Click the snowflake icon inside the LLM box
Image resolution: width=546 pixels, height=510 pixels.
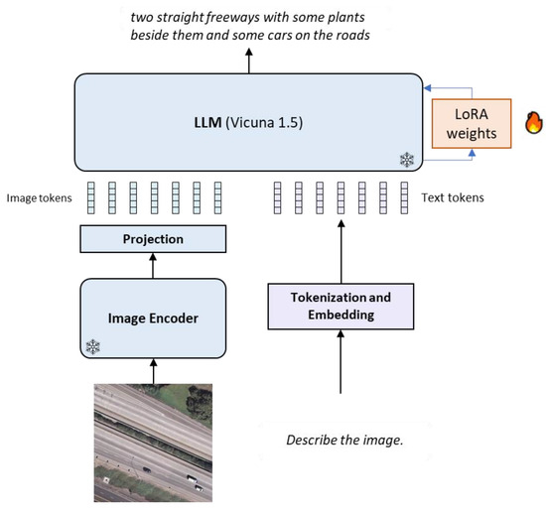coord(405,159)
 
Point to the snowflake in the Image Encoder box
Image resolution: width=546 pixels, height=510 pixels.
coord(93,346)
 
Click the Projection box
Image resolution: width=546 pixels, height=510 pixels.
coord(153,239)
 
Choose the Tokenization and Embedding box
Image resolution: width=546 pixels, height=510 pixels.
coord(340,306)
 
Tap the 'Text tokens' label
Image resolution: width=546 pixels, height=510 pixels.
coord(453,197)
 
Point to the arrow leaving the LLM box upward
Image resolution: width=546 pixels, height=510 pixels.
coord(248,60)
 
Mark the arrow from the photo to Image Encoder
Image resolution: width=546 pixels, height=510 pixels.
coord(153,369)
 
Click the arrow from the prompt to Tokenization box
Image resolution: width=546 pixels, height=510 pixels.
coord(340,377)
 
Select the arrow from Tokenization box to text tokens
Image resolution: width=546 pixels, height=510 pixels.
coord(340,253)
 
